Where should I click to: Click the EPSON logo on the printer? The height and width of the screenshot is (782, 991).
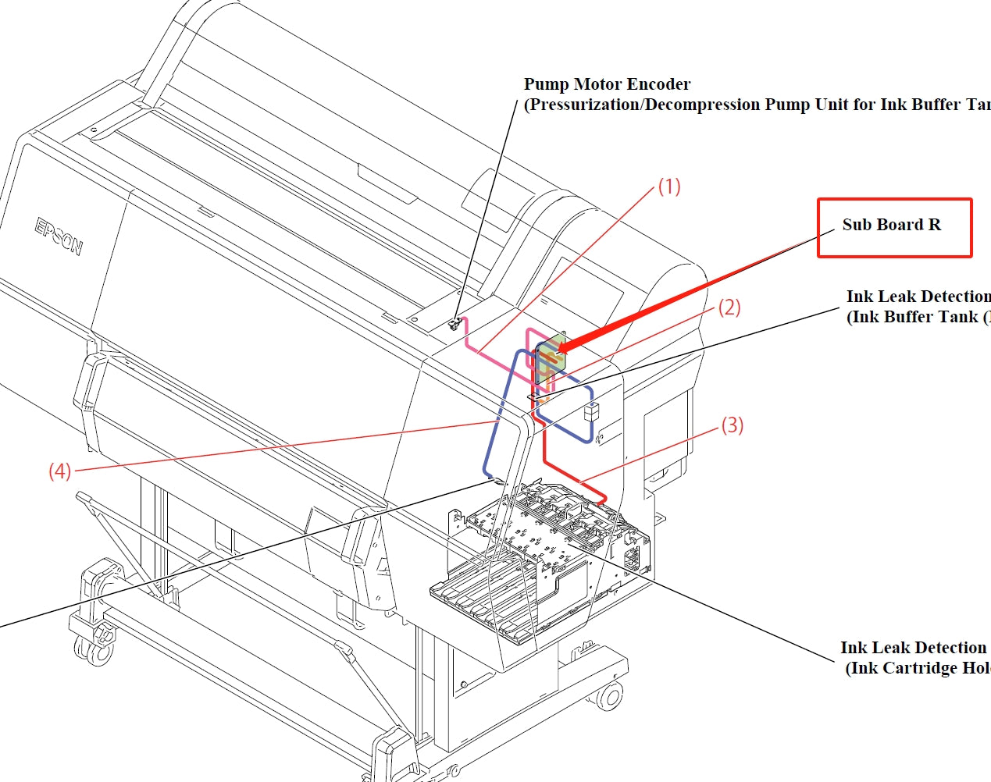(59, 236)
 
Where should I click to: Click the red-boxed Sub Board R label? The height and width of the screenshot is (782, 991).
(892, 226)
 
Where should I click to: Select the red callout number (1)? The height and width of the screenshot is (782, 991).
(669, 187)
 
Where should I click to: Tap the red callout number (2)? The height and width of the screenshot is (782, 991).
(729, 307)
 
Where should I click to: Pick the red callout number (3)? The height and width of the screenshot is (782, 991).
(732, 425)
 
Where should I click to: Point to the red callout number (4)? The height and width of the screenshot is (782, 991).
(60, 471)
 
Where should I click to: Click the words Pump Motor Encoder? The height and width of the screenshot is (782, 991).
(607, 84)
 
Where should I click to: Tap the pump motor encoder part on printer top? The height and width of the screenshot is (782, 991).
(455, 323)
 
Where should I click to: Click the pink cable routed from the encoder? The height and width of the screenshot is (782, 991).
(484, 351)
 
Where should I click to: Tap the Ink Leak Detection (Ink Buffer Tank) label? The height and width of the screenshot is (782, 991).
(918, 307)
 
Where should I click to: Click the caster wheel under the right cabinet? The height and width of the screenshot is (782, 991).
(610, 696)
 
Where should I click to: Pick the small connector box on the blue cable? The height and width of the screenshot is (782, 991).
(591, 411)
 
